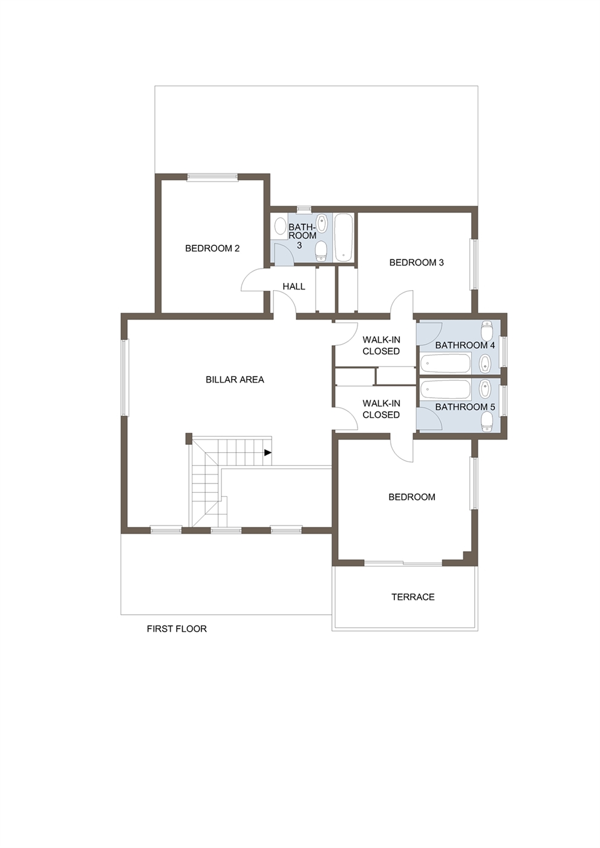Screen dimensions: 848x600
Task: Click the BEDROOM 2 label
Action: point(212,248)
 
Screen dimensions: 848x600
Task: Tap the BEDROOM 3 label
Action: point(416,262)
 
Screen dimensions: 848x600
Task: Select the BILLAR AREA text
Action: point(235,380)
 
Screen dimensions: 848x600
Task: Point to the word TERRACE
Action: point(412,597)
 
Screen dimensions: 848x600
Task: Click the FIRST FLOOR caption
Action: point(177,629)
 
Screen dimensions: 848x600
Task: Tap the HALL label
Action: point(294,286)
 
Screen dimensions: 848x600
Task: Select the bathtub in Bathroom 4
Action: point(446,363)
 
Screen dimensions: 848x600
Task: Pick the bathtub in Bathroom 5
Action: point(446,389)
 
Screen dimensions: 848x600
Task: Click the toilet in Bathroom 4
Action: point(487,331)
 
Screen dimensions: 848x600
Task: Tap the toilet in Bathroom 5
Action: point(487,421)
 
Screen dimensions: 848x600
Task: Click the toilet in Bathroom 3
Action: point(321,251)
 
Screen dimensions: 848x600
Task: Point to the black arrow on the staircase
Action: point(267,452)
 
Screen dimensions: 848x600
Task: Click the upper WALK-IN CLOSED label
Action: point(381,345)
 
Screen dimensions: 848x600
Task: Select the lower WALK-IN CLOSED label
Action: point(381,409)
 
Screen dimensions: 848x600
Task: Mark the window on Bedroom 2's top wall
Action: point(212,177)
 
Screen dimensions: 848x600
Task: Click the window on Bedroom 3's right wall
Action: point(474,264)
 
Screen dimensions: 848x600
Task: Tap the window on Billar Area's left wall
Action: point(125,378)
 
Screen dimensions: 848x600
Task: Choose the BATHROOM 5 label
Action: point(465,407)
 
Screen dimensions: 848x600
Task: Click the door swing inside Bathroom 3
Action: point(282,254)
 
